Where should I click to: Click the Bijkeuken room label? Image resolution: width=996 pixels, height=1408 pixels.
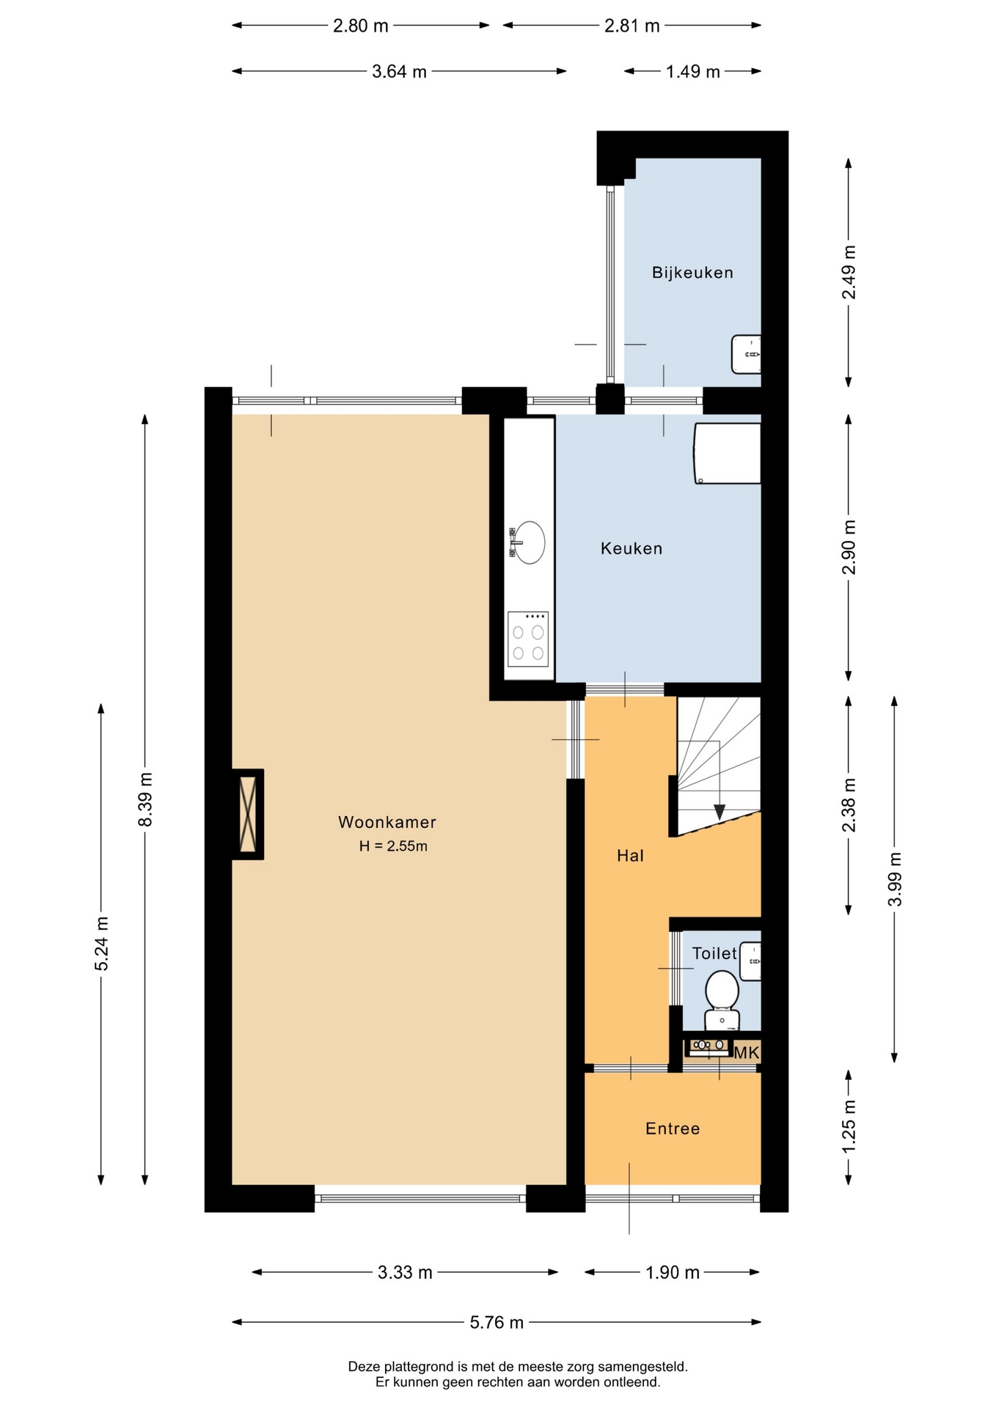[692, 273]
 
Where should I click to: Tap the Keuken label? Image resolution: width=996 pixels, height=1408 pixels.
[631, 549]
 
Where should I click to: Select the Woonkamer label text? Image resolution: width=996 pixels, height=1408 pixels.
[387, 822]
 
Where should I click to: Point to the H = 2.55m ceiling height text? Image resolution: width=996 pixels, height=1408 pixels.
[393, 846]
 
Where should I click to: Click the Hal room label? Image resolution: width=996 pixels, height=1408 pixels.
[630, 855]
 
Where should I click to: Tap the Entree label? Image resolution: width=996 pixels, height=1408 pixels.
[673, 1129]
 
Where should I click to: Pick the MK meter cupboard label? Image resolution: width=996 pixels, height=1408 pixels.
[747, 1053]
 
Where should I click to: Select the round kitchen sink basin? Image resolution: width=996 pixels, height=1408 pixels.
[530, 543]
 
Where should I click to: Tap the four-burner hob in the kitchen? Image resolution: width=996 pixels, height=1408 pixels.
[528, 639]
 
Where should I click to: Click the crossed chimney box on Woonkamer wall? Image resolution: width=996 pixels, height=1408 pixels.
[248, 814]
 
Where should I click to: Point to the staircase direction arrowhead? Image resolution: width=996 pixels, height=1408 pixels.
[719, 812]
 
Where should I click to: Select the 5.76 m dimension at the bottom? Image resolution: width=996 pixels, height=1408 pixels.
[497, 1322]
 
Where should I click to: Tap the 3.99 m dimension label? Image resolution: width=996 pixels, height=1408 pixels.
[895, 879]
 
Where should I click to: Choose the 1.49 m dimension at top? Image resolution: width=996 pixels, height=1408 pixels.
[693, 72]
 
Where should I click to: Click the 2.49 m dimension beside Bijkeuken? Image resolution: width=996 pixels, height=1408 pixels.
[849, 272]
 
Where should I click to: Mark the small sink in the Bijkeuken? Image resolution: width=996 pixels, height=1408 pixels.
[746, 354]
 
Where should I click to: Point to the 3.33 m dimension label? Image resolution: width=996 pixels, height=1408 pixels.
[405, 1272]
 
